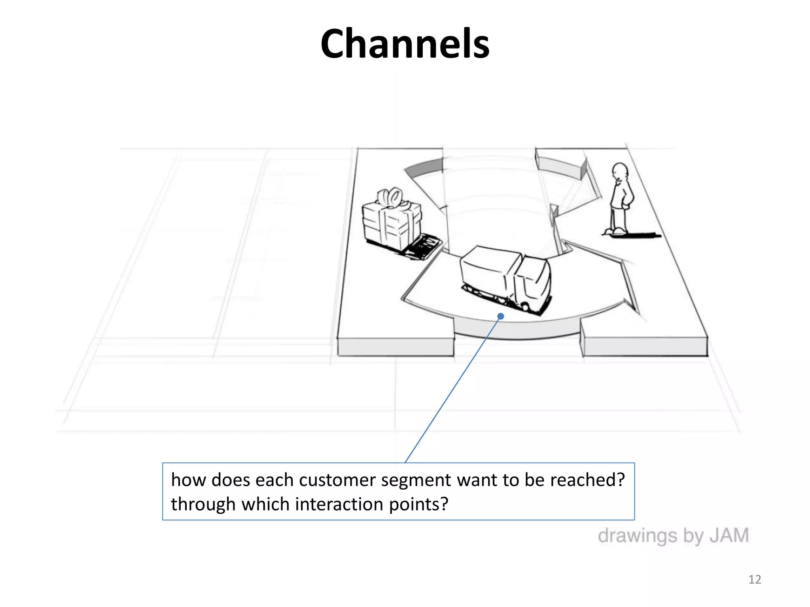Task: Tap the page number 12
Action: [755, 579]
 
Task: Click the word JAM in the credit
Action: [729, 536]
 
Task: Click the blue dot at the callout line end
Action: [501, 316]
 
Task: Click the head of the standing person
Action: [620, 172]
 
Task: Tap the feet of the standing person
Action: [615, 231]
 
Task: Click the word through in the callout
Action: [203, 504]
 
